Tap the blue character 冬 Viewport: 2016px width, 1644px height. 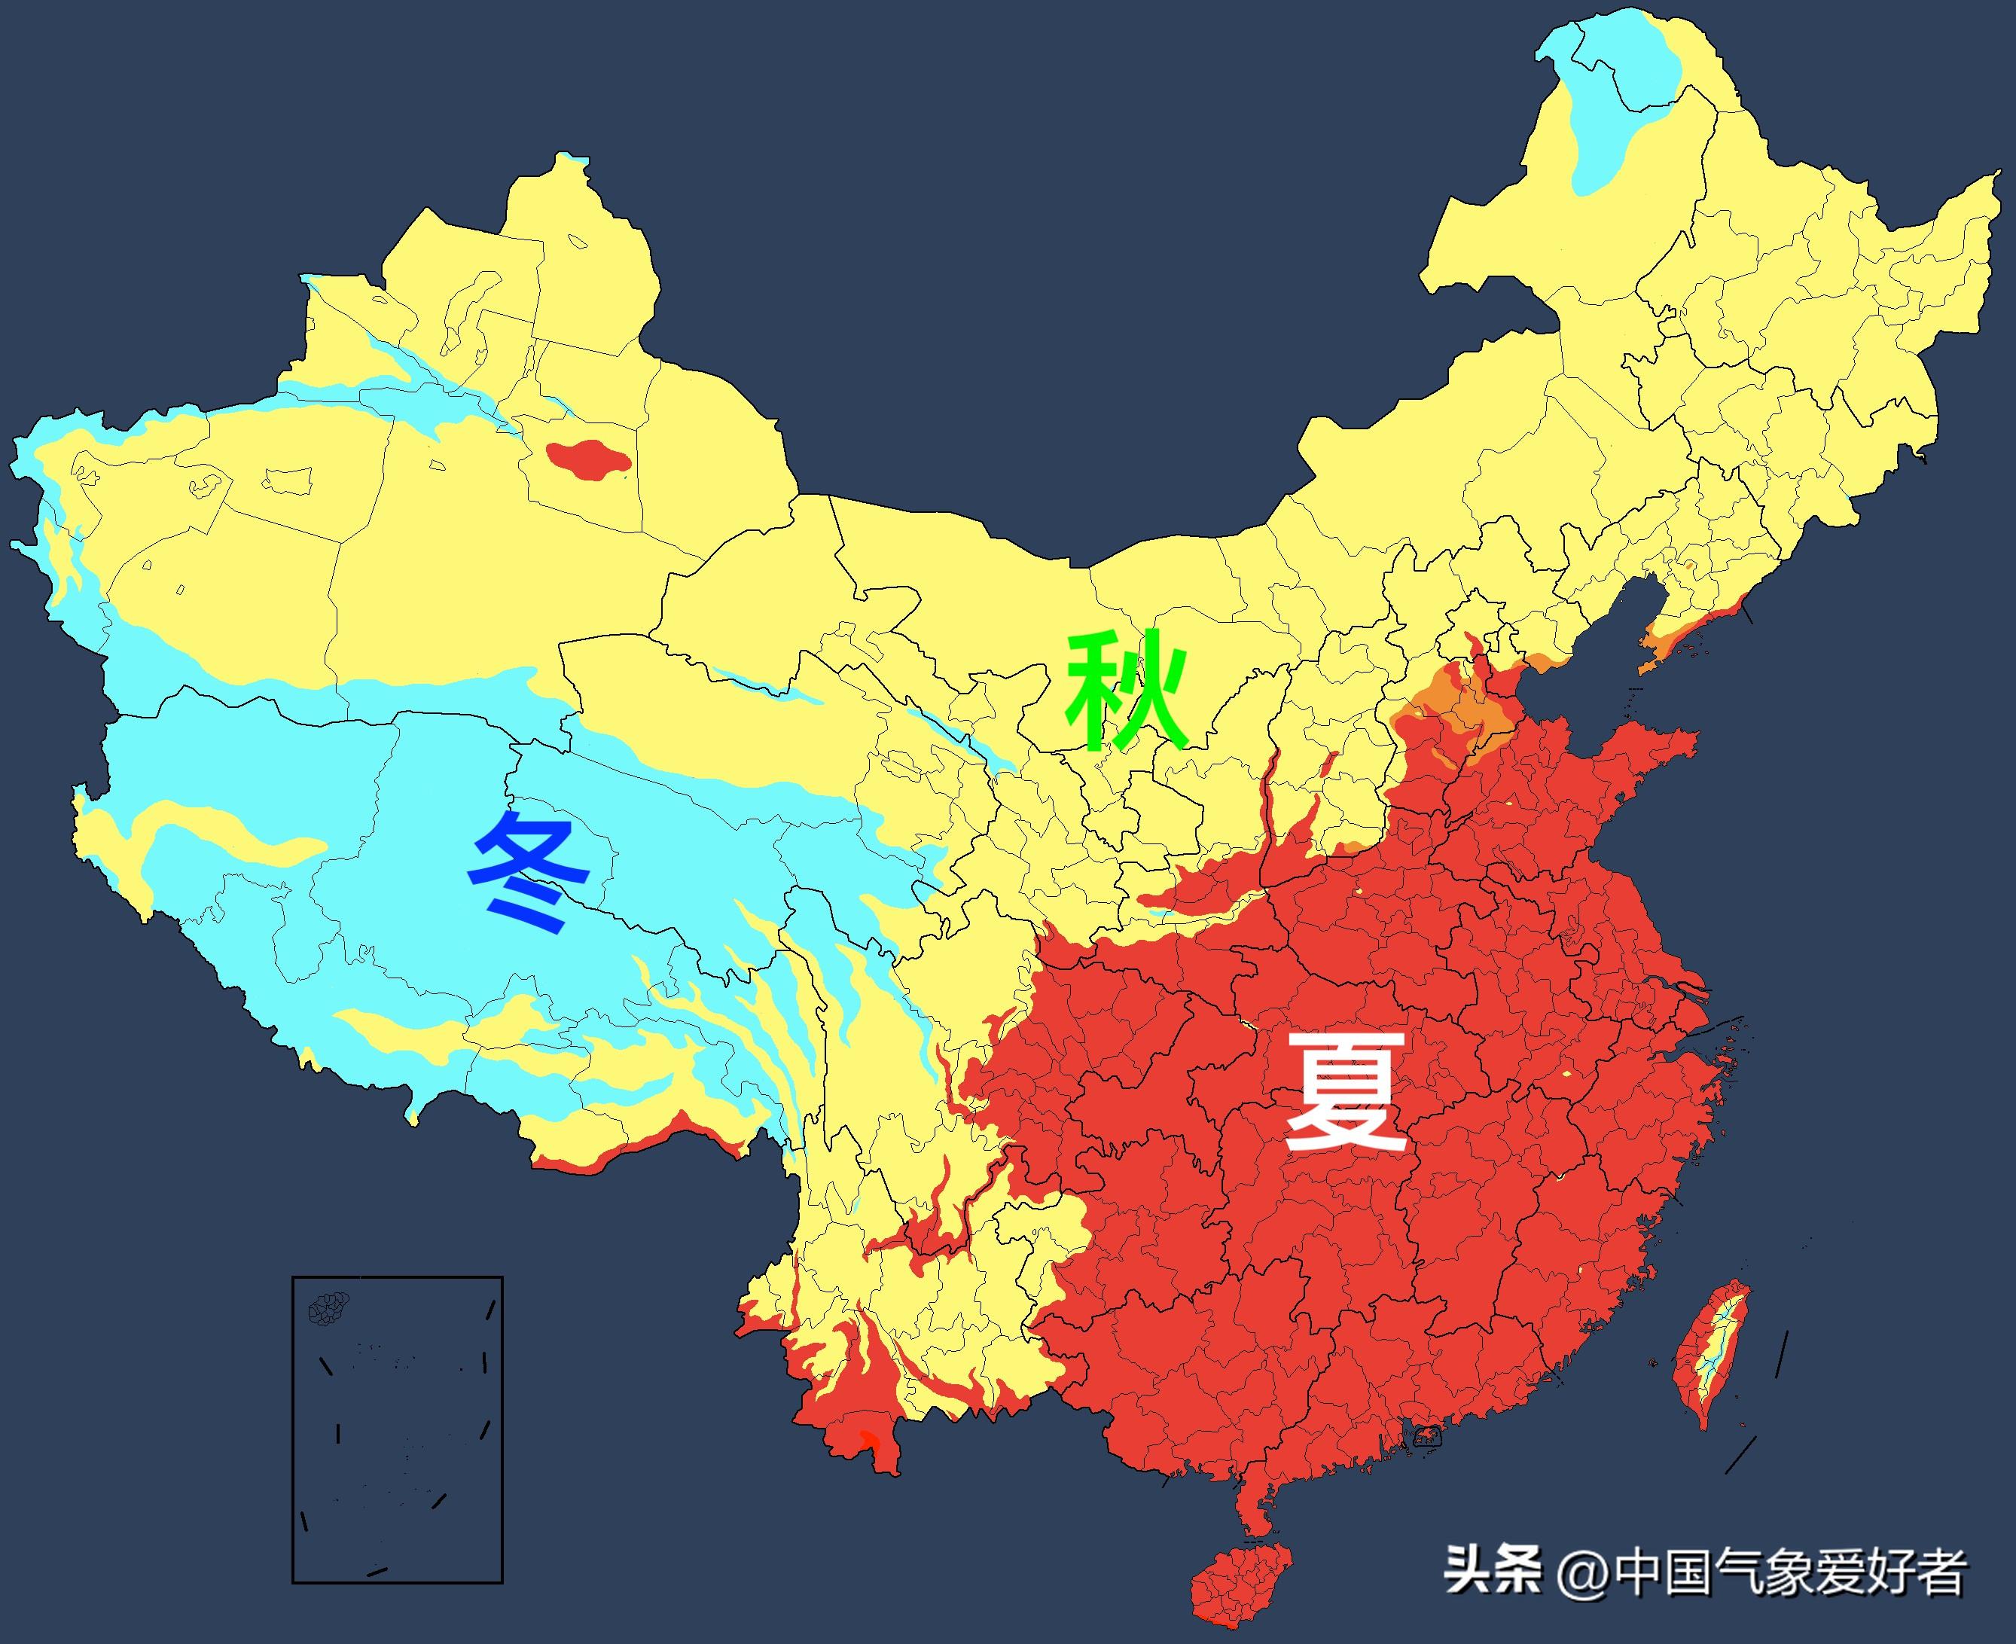coord(531,871)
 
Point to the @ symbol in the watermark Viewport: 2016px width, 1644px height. coord(1581,1575)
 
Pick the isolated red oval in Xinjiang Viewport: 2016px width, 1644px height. coord(587,460)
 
